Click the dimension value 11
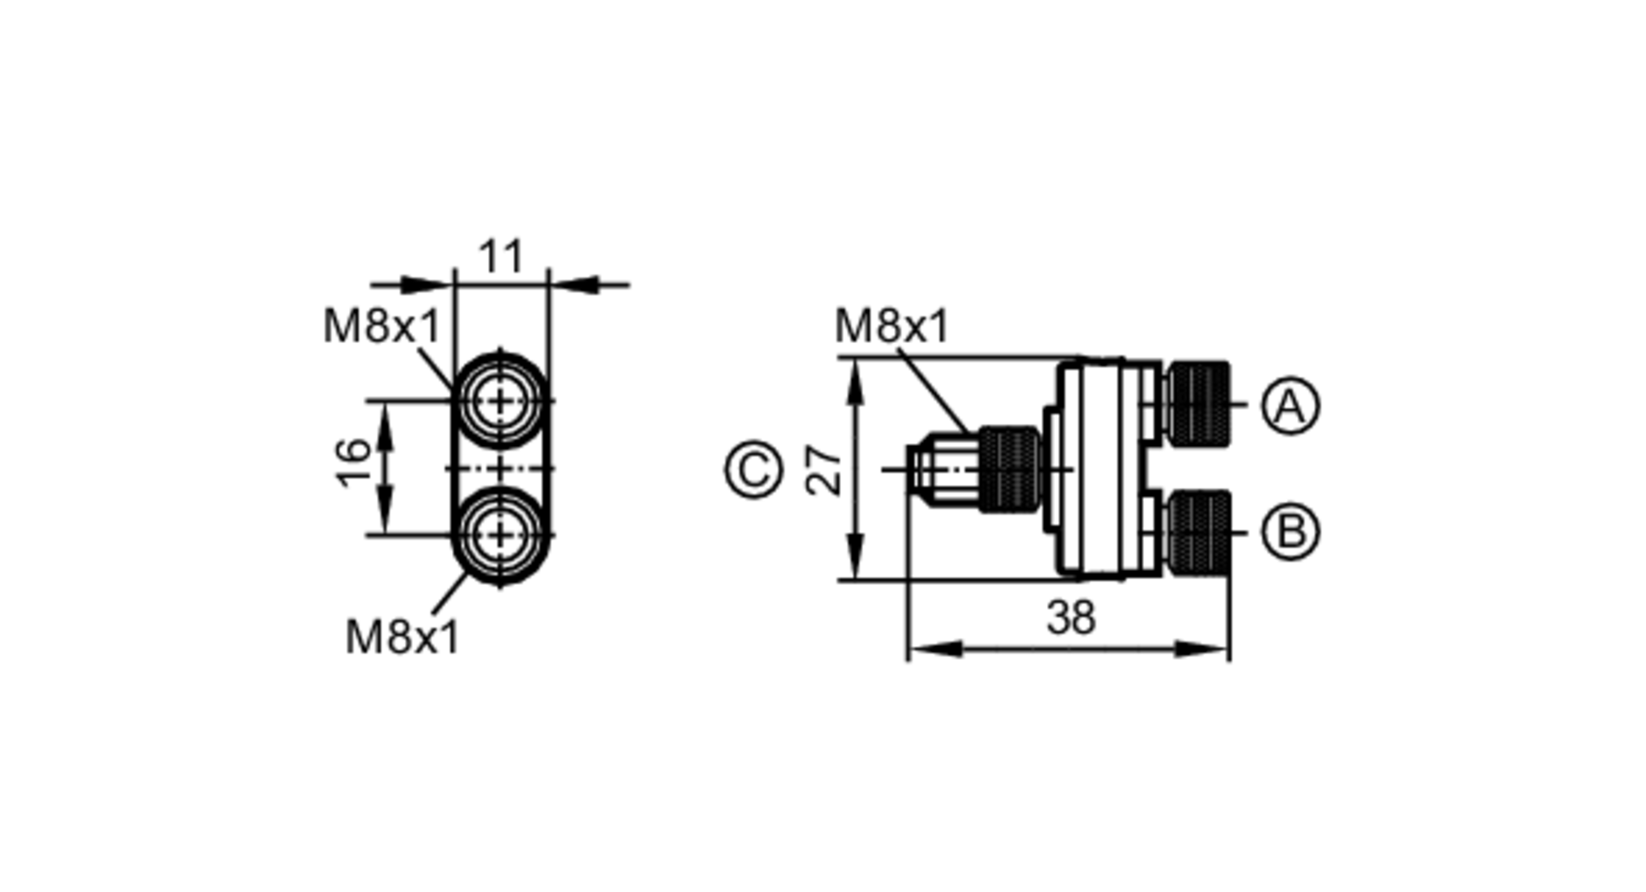(500, 257)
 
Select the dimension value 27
(824, 470)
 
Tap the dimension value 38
(1071, 617)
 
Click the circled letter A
(1290, 406)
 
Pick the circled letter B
(1290, 531)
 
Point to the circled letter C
(753, 471)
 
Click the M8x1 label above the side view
(891, 326)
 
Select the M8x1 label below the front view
(402, 637)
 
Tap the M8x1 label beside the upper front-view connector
(382, 327)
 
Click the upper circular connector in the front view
(500, 401)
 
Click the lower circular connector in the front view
(500, 536)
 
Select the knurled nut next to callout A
(1197, 404)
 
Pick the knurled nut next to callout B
(1198, 532)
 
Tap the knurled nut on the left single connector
(1007, 470)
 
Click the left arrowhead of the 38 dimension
(926, 649)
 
